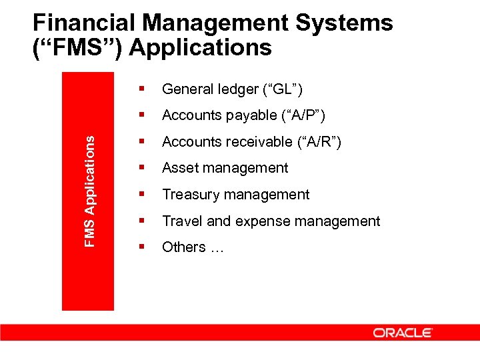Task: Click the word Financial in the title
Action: pyautogui.click(x=85, y=23)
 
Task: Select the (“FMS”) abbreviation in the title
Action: pyautogui.click(x=76, y=48)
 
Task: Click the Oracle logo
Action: pyautogui.click(x=403, y=333)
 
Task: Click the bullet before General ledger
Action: pyautogui.click(x=141, y=89)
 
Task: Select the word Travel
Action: pyautogui.click(x=180, y=221)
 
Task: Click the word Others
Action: pyautogui.click(x=183, y=247)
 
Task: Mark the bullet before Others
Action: pyautogui.click(x=141, y=247)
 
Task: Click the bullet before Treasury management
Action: pyautogui.click(x=141, y=194)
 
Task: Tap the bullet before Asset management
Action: pyautogui.click(x=141, y=168)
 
